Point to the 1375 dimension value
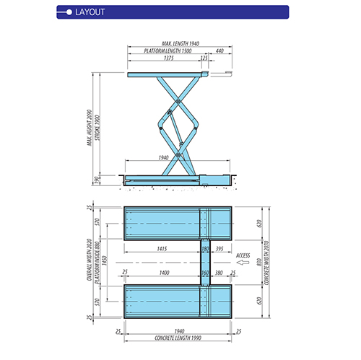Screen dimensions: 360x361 click(x=168, y=58)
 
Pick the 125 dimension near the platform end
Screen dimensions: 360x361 click(x=204, y=58)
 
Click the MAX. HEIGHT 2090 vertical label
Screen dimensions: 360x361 click(x=90, y=123)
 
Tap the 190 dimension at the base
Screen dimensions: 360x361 click(x=95, y=180)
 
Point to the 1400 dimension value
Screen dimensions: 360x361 click(x=164, y=273)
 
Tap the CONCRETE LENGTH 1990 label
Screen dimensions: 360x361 click(x=178, y=338)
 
